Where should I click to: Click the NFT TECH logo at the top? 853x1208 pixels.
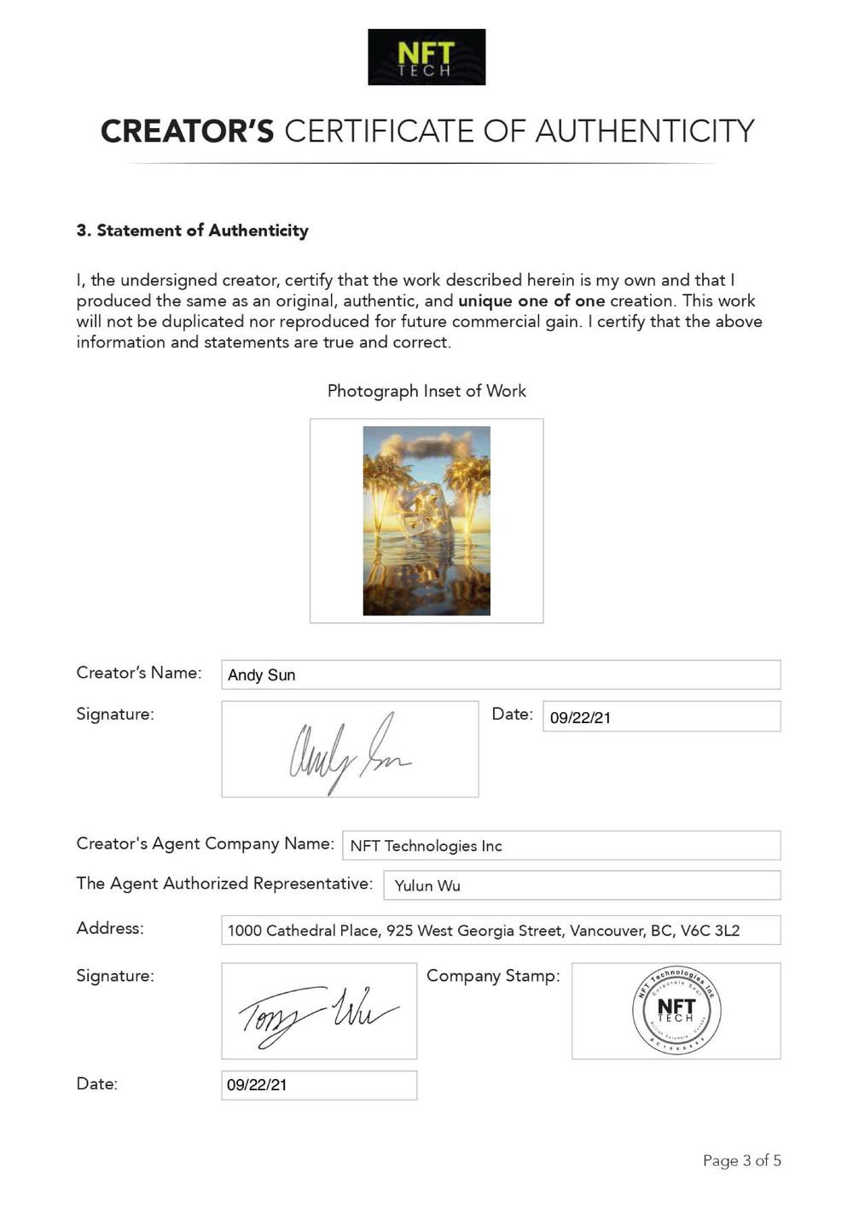pos(426,57)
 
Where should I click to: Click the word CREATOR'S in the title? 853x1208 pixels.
pos(188,131)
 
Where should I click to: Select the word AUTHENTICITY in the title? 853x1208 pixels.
pos(645,131)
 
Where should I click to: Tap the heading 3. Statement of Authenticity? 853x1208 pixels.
pos(192,231)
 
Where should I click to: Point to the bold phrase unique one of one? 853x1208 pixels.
pos(531,301)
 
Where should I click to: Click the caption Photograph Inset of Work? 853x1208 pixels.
pos(426,391)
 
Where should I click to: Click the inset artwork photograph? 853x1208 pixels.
pos(426,521)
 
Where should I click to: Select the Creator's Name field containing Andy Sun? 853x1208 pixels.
pos(500,674)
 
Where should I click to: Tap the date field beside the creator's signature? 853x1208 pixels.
pos(661,717)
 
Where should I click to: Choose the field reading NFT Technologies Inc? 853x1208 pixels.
pos(560,846)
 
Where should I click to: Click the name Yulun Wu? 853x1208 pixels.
pos(427,886)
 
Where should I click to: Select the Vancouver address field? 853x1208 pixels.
pos(500,931)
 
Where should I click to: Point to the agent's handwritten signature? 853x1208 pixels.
pos(318,1012)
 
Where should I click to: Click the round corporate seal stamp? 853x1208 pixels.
pos(676,1011)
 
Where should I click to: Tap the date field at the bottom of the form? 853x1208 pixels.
pos(318,1085)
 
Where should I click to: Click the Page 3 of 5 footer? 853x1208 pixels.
pos(741,1160)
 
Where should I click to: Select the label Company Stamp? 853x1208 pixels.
pos(493,976)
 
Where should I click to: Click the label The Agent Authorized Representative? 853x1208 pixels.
pos(224,884)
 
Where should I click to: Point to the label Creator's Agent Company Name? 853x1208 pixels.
pos(205,843)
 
